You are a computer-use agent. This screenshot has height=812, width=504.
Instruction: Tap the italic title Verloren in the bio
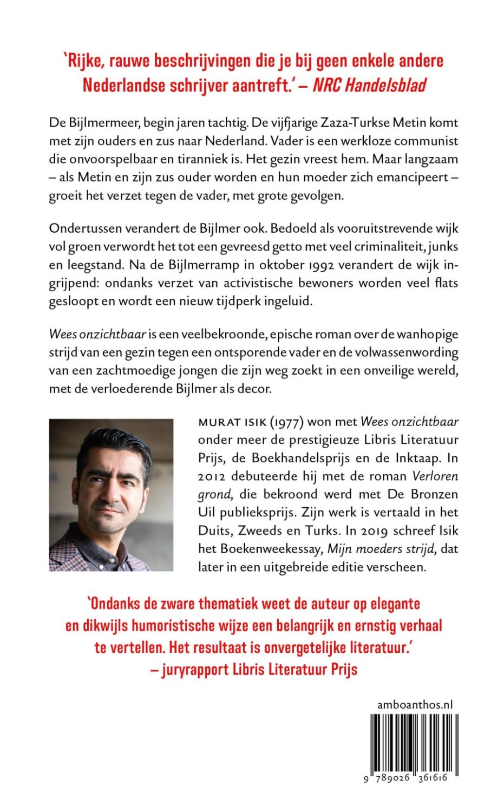(435, 476)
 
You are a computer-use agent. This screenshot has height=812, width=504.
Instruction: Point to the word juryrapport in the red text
(195, 669)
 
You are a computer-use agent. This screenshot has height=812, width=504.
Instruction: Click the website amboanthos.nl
(415, 705)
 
